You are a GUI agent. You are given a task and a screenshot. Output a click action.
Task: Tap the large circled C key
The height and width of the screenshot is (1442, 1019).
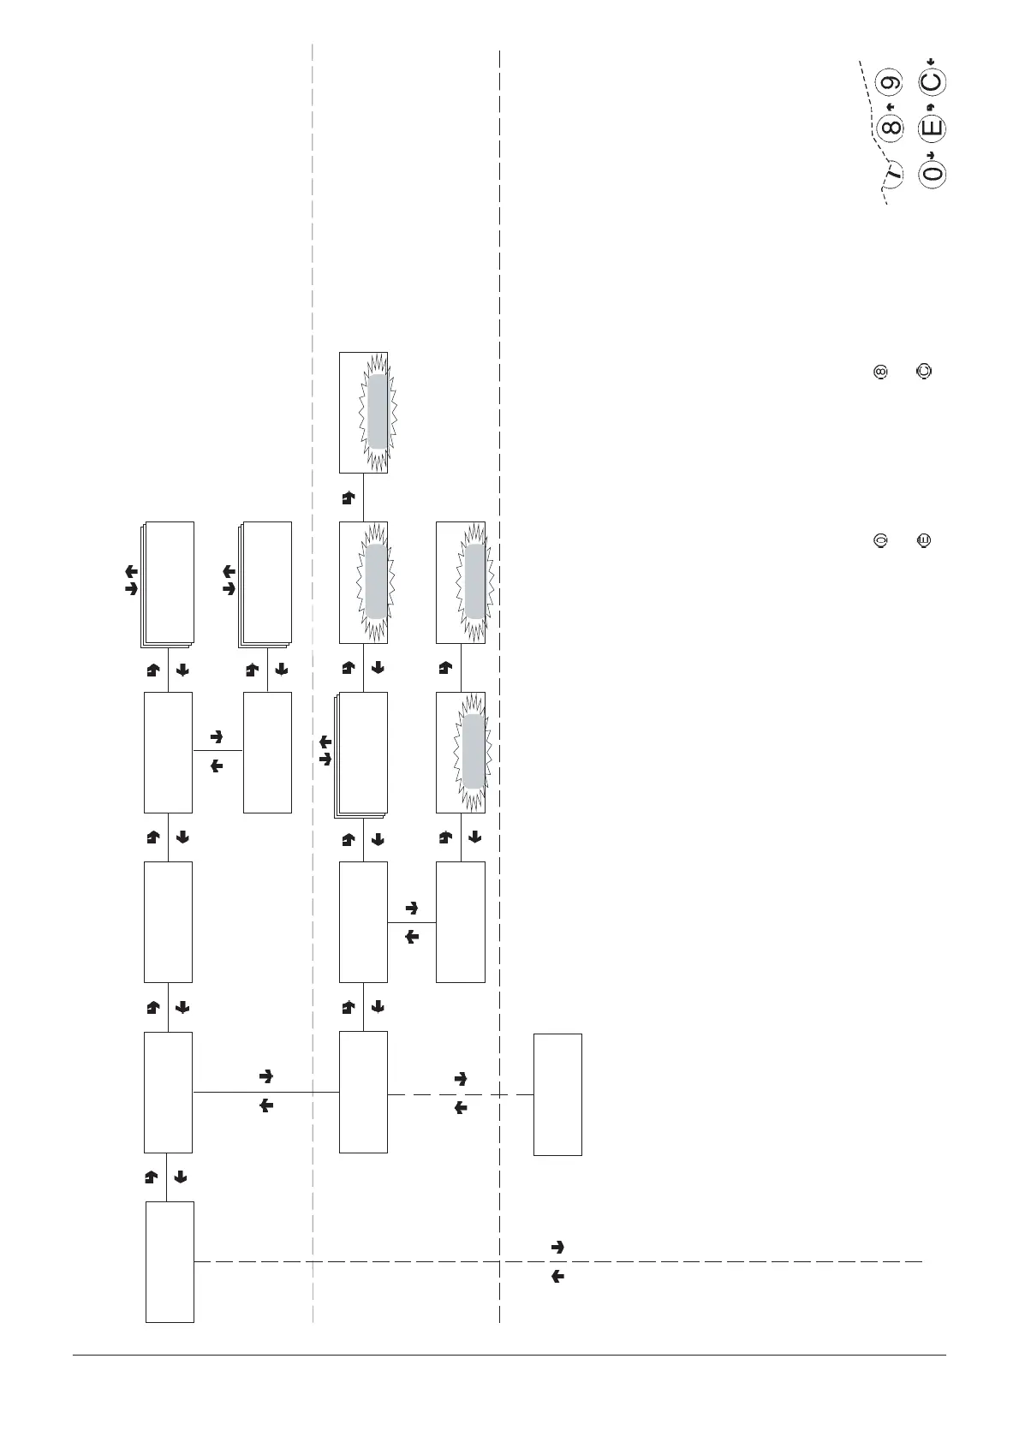pyautogui.click(x=932, y=83)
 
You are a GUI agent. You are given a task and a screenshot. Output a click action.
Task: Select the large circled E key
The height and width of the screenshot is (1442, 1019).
pyautogui.click(x=932, y=128)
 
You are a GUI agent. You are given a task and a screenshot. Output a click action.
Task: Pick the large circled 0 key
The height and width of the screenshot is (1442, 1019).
pyautogui.click(x=932, y=173)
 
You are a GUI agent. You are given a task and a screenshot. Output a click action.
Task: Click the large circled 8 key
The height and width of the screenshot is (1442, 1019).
pyautogui.click(x=891, y=128)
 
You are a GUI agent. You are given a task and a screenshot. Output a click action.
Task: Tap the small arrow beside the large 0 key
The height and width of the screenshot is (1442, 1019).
pyautogui.click(x=932, y=154)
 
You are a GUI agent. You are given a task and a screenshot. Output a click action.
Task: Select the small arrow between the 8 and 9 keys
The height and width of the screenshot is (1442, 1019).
pyautogui.click(x=891, y=106)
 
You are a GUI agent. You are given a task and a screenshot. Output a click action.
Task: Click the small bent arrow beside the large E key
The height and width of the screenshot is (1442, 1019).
pyautogui.click(x=932, y=106)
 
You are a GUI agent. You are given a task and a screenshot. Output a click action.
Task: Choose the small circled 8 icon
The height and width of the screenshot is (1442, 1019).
pyautogui.click(x=879, y=372)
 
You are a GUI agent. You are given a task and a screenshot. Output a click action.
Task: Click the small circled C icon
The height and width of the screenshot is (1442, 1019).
pyautogui.click(x=923, y=372)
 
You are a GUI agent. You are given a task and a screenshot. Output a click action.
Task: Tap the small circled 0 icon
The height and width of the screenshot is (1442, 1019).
pyautogui.click(x=879, y=540)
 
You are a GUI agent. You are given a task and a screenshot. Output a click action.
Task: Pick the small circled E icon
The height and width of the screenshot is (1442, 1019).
pyautogui.click(x=923, y=540)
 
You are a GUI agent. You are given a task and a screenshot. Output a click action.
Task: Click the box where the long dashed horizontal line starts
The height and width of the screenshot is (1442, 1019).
pyautogui.click(x=170, y=1261)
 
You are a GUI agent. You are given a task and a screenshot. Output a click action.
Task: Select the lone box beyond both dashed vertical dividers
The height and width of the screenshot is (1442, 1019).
pyautogui.click(x=557, y=1094)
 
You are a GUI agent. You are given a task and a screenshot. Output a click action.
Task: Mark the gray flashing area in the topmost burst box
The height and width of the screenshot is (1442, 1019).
pyautogui.click(x=378, y=412)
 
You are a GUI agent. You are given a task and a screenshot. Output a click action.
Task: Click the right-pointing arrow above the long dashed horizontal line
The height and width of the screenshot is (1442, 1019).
pyautogui.click(x=557, y=1248)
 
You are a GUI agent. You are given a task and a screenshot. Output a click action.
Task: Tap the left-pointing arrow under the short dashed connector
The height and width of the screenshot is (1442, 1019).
pyautogui.click(x=460, y=1107)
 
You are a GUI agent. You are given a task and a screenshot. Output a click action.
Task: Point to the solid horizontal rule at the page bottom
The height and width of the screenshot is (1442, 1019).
pyautogui.click(x=509, y=1355)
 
